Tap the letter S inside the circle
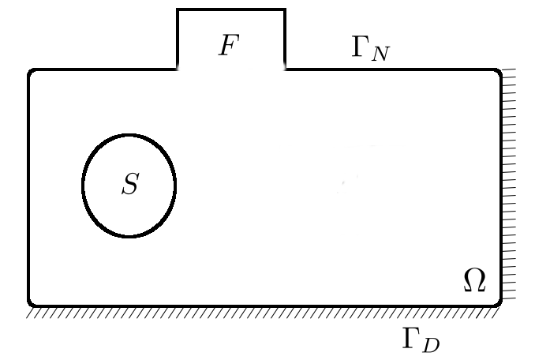coord(130,185)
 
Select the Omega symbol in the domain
coord(473,279)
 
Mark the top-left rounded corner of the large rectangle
coord(32,73)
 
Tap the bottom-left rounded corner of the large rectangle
coord(32,302)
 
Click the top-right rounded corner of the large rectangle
coord(497,73)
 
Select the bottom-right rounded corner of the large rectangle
coord(497,302)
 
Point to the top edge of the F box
coord(230,9)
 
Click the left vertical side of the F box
coord(178,39)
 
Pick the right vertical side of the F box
coord(284,39)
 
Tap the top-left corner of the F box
coord(178,9)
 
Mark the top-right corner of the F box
coord(284,9)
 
